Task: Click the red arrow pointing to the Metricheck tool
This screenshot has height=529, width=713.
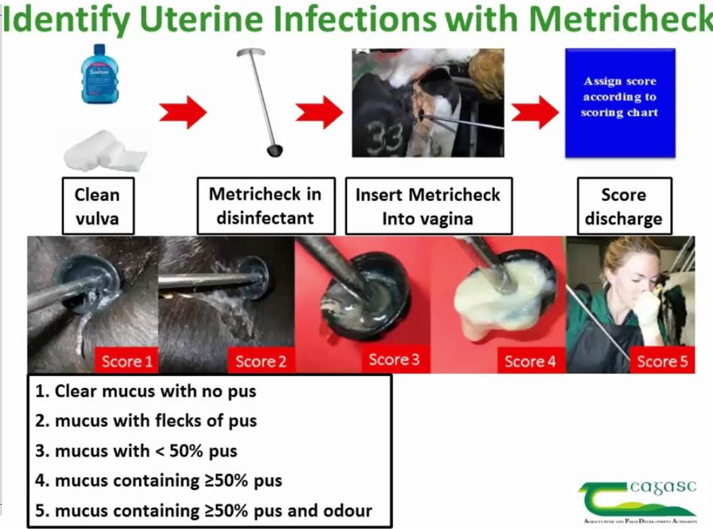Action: click(x=182, y=112)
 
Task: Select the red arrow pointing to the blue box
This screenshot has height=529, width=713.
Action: click(x=534, y=112)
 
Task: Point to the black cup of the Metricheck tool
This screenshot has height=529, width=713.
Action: click(x=275, y=149)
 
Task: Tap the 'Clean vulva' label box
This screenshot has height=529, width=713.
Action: click(x=97, y=206)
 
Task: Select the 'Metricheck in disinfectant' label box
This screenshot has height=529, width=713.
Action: click(x=265, y=206)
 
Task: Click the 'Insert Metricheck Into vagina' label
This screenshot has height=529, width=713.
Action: click(x=428, y=206)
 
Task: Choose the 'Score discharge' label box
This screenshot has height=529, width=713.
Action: click(x=623, y=206)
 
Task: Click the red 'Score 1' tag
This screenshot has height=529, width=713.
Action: click(x=126, y=361)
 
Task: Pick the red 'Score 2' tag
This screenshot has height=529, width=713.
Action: click(x=261, y=361)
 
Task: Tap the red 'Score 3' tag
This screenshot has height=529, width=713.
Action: click(x=394, y=360)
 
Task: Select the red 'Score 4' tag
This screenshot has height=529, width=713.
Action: click(x=530, y=361)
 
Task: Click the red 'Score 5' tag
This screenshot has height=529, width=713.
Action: click(x=662, y=361)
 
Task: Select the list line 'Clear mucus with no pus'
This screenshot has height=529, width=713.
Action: click(x=146, y=391)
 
